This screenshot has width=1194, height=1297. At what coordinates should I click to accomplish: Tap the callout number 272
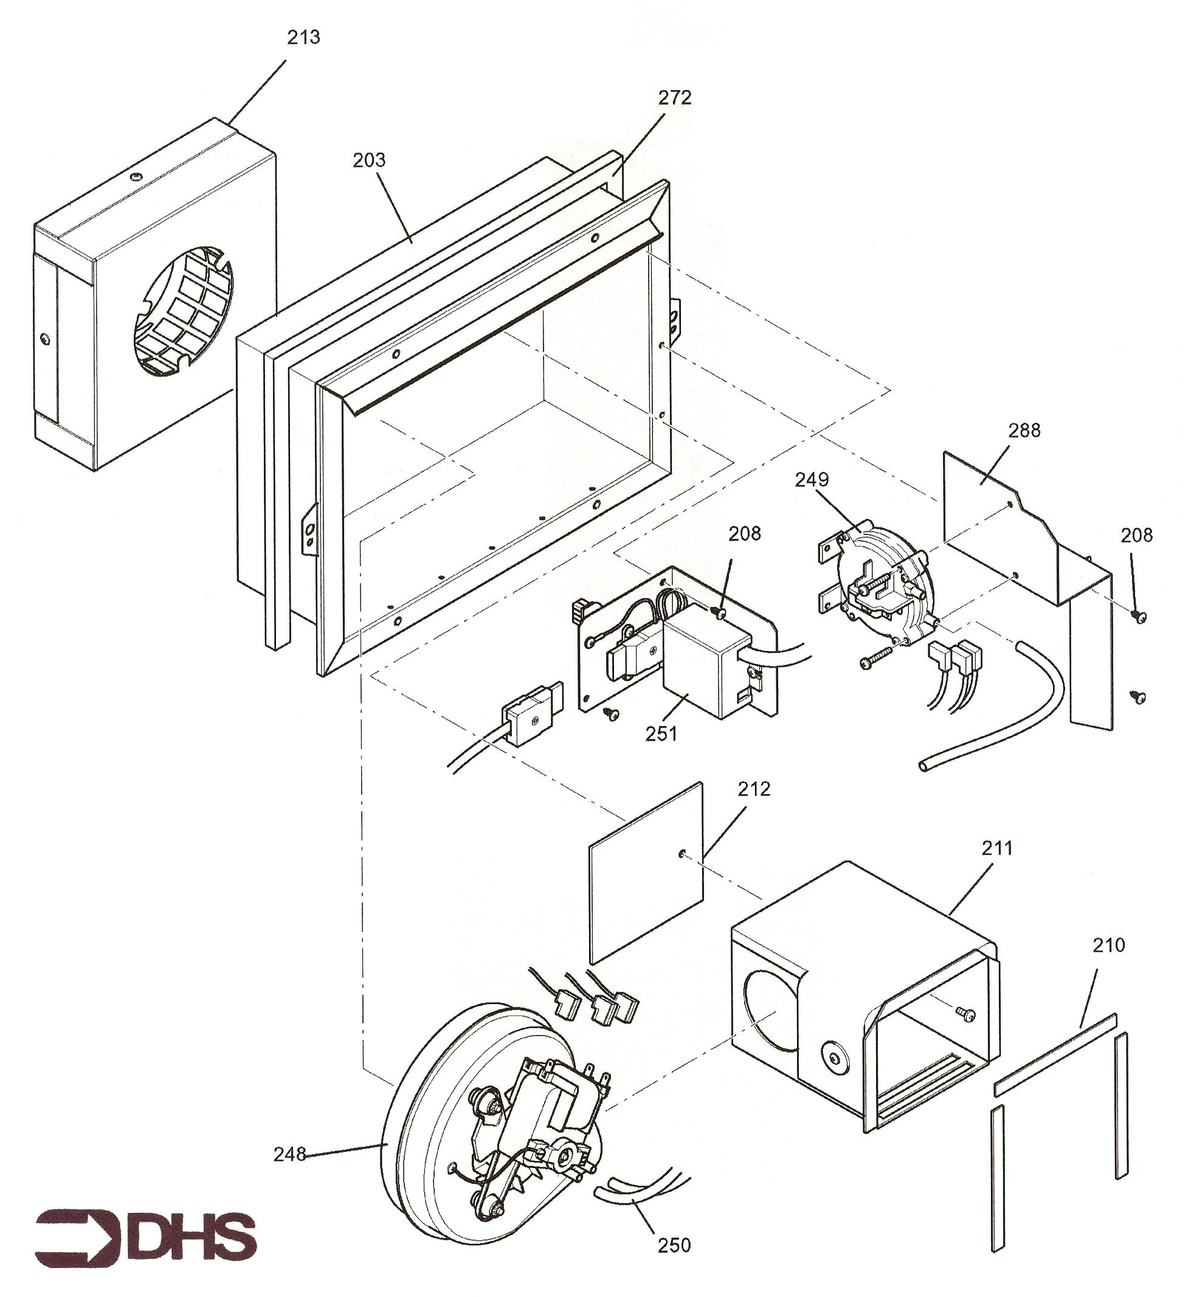(675, 97)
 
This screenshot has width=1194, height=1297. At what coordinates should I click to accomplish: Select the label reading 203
(369, 160)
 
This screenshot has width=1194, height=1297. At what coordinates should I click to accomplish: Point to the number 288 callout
(1024, 430)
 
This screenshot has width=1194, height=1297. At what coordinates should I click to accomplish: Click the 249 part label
(812, 480)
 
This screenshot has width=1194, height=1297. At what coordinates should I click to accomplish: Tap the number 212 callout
(754, 789)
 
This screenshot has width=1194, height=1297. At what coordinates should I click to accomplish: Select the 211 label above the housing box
(997, 848)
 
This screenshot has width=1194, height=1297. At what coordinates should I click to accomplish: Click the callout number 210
(1109, 946)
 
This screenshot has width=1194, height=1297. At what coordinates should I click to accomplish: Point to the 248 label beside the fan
(289, 1154)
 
